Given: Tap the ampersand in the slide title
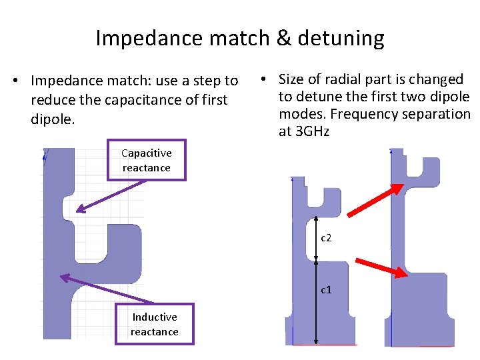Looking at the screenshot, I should click(283, 39).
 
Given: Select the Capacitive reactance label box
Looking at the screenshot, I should click(147, 161).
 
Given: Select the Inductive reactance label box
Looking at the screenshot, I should click(155, 324).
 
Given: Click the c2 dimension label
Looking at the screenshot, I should click(326, 238).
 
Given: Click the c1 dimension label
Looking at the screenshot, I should click(326, 289).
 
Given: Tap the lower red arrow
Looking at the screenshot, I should click(381, 267).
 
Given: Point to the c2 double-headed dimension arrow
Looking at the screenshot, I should click(315, 238).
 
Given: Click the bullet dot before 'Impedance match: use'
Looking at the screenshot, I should click(23, 81).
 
